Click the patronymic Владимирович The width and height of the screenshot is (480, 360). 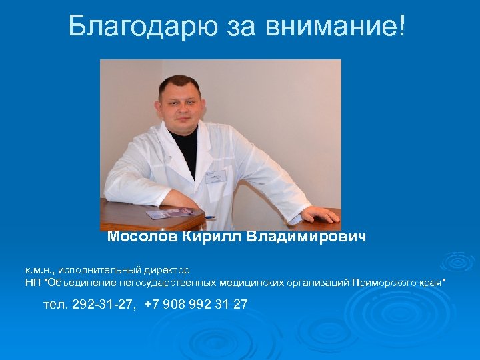point(307,237)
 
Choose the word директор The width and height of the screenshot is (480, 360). point(167,270)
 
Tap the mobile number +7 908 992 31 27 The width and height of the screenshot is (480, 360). point(196,305)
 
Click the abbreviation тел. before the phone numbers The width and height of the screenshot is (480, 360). point(56,305)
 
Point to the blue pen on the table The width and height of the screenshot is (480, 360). point(209,217)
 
